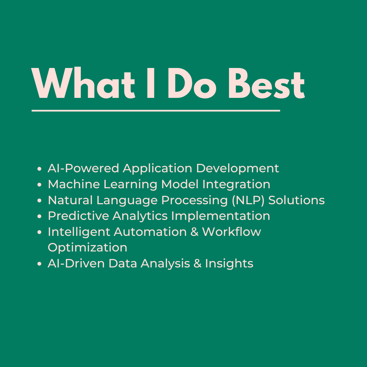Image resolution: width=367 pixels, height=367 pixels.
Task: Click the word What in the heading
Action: (84, 83)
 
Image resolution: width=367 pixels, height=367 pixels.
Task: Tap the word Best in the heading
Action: (267, 84)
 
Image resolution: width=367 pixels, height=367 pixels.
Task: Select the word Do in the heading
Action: (192, 83)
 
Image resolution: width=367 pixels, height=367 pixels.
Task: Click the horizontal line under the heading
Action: (156, 111)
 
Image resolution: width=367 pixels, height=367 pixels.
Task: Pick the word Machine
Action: (74, 184)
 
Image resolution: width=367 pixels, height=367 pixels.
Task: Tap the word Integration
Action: (236, 185)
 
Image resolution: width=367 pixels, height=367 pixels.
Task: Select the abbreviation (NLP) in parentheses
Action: (248, 200)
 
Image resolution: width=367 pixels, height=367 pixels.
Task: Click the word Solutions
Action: (297, 200)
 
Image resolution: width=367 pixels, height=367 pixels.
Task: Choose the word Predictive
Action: (78, 216)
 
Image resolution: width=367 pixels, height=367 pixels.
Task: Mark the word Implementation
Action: (221, 216)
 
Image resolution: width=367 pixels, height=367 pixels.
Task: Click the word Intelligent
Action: (79, 232)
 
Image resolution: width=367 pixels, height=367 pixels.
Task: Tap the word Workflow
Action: (231, 232)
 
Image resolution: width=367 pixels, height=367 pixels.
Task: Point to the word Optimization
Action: (88, 248)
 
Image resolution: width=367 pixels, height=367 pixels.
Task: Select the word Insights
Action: (229, 264)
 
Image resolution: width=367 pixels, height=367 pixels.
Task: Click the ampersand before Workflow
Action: (194, 232)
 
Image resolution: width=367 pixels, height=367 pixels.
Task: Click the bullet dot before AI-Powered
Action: (39, 169)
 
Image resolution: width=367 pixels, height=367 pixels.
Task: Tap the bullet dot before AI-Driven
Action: (39, 264)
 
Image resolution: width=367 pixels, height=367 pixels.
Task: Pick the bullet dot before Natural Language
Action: (39, 200)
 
